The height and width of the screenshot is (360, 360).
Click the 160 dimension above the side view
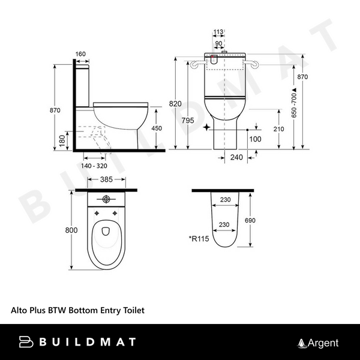pyautogui.click(x=81, y=53)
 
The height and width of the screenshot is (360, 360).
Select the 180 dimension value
pyautogui.click(x=62, y=140)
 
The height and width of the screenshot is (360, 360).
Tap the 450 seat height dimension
pyautogui.click(x=155, y=128)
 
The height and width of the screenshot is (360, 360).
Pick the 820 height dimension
pyautogui.click(x=175, y=104)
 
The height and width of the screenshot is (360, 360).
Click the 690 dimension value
pyautogui.click(x=251, y=220)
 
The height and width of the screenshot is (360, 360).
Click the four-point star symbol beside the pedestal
pyautogui.click(x=207, y=128)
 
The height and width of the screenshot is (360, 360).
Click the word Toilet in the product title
pyautogui.click(x=133, y=311)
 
